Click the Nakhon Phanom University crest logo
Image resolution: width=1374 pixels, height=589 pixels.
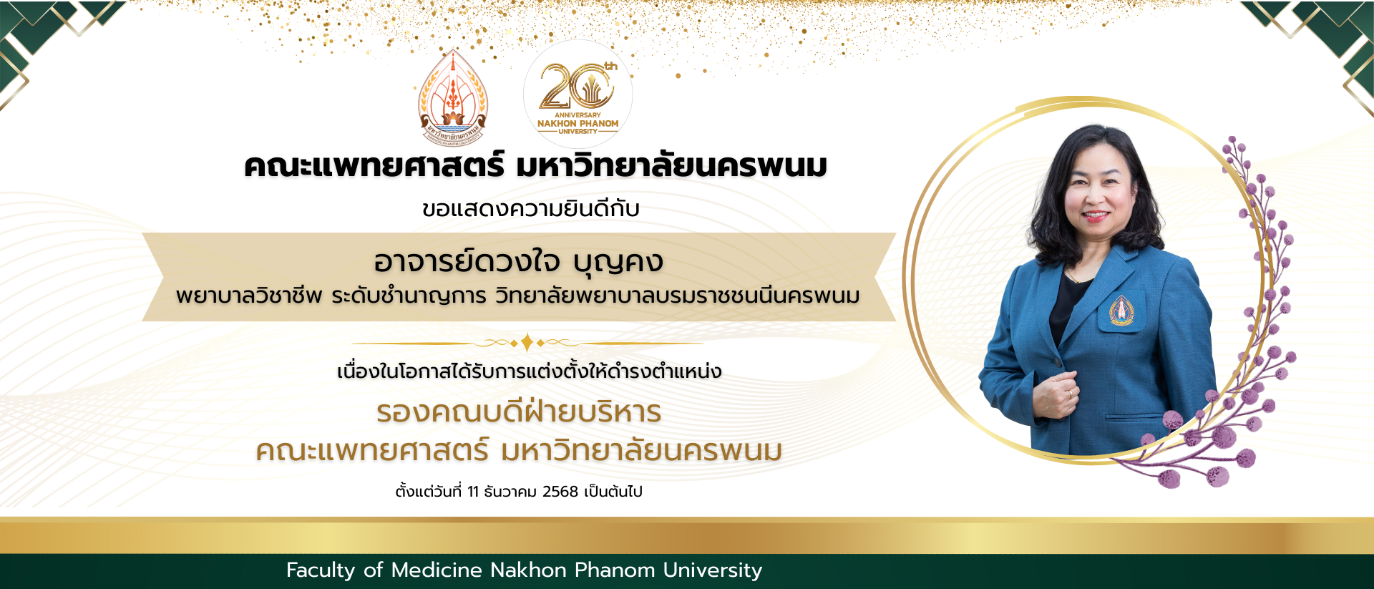coord(452,97)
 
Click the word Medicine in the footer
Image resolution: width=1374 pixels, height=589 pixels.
coord(437,570)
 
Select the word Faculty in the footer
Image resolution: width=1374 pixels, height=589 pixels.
coord(321,570)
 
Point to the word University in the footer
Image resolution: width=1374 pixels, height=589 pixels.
coord(712,570)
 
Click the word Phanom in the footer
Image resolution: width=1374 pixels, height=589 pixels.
coord(615,570)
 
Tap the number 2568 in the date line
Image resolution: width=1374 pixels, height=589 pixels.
coord(560,492)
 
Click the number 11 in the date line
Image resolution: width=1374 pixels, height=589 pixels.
coord(473,492)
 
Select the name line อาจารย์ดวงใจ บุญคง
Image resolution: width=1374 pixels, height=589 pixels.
coord(518,262)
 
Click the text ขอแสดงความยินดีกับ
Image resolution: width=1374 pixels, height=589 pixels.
coord(530,209)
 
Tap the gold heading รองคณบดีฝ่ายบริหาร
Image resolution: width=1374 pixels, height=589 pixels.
coord(519,412)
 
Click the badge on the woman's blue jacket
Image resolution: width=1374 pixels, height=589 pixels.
coord(1121,311)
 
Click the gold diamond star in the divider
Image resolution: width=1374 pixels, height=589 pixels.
coord(527,343)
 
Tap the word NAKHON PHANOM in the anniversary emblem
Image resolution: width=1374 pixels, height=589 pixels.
coord(578,123)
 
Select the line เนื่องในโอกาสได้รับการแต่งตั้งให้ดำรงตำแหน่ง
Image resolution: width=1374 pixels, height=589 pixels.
coord(529,371)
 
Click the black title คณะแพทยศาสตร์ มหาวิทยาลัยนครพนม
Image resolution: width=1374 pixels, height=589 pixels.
coord(535,166)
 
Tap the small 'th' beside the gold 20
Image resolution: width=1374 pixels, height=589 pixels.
coord(610,67)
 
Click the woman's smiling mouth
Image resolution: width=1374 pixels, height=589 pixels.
coord(1096,215)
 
